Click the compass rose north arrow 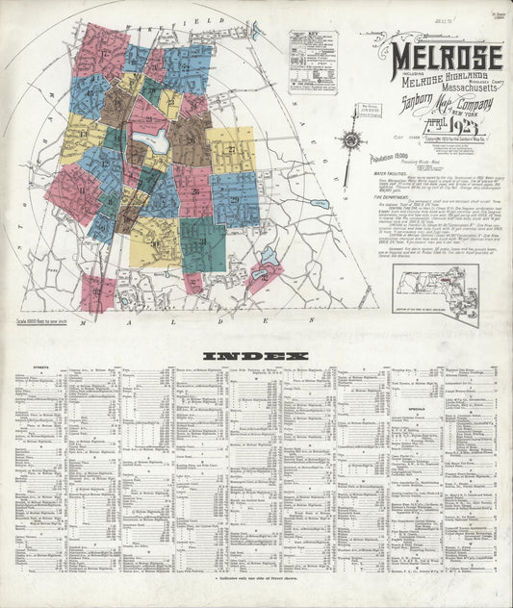point(352,141)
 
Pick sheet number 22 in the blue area point(185,67)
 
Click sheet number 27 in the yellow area point(232,150)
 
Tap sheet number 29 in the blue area point(235,198)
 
